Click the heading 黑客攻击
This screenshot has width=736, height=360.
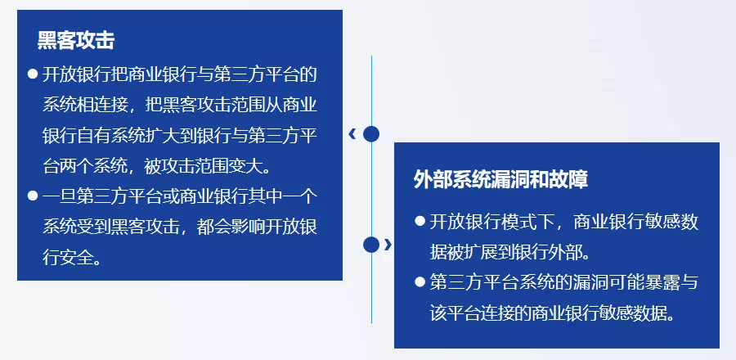76,41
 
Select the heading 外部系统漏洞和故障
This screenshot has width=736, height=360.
500,179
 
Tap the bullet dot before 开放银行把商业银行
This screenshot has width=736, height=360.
33,74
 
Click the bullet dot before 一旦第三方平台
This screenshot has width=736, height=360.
33,196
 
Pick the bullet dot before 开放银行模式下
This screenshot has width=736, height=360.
420,221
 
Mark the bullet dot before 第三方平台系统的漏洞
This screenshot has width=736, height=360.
420,281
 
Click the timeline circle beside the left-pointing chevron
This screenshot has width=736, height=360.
371,134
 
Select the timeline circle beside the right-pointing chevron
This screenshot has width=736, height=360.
371,245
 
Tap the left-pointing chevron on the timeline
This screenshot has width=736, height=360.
352,134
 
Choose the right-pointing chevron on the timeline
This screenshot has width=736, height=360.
388,245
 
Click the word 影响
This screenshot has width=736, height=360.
248,227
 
